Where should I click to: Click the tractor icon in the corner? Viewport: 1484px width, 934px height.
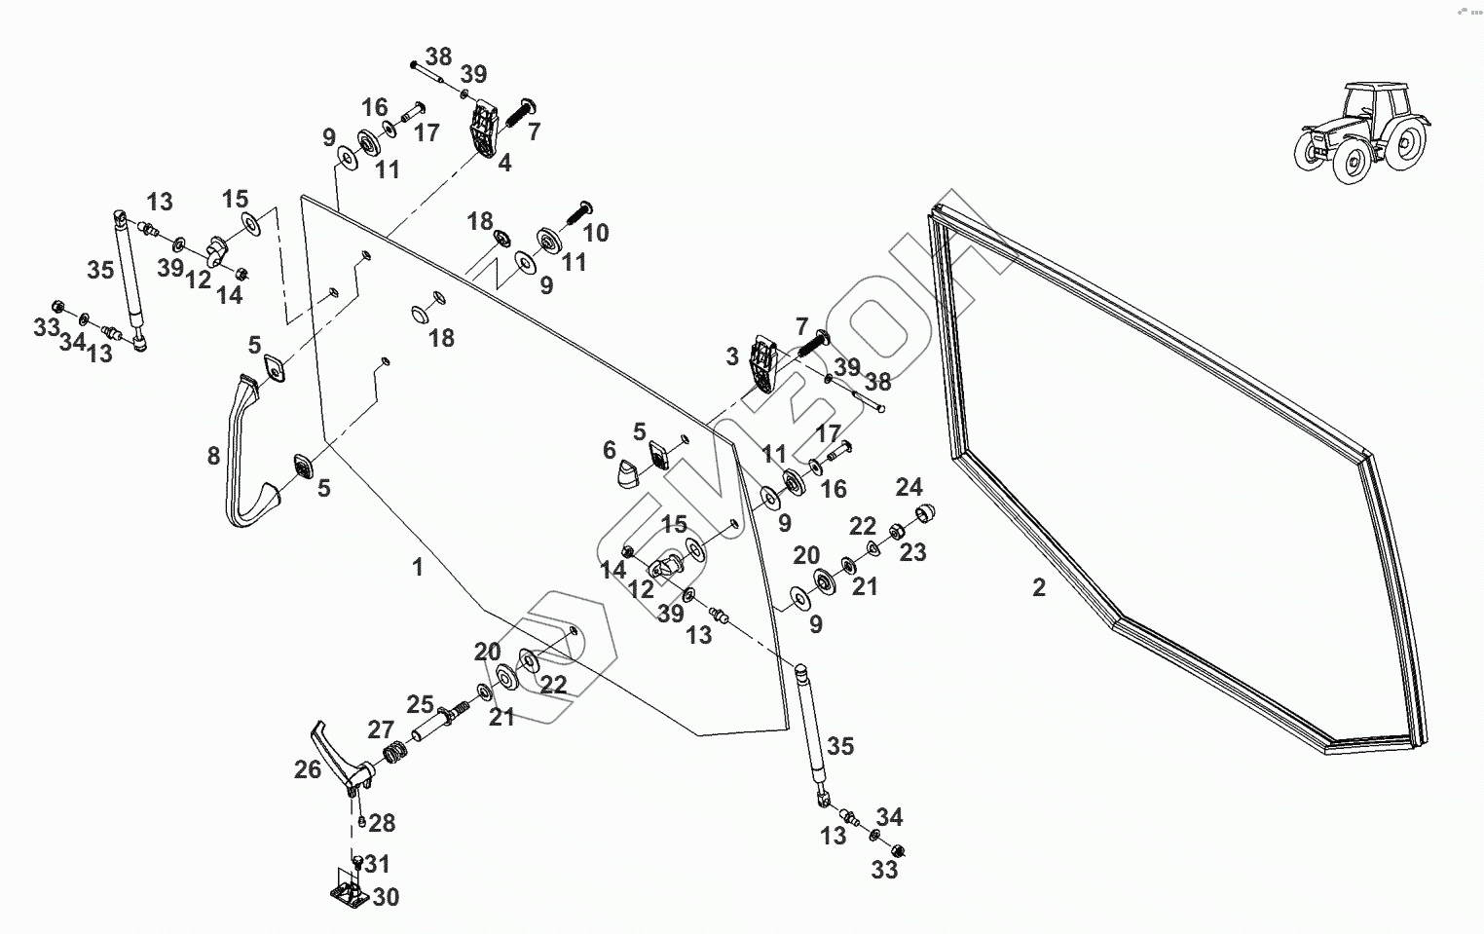pos(1360,132)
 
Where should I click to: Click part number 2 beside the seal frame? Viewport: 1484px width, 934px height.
pos(1039,587)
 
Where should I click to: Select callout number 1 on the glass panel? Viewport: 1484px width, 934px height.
pos(418,567)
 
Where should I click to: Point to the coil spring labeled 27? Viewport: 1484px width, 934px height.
pos(395,753)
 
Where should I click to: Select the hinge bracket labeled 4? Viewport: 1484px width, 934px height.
pos(484,131)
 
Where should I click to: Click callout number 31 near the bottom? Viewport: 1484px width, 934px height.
pos(377,864)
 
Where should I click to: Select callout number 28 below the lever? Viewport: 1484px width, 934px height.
pos(382,823)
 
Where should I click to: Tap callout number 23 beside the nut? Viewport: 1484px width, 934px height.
pos(912,552)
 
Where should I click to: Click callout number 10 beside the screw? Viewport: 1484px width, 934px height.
pos(595,232)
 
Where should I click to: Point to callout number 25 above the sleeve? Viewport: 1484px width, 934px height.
pos(420,703)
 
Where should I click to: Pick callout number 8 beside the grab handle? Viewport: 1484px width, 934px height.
pos(213,456)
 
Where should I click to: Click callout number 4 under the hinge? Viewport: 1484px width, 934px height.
pos(503,163)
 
